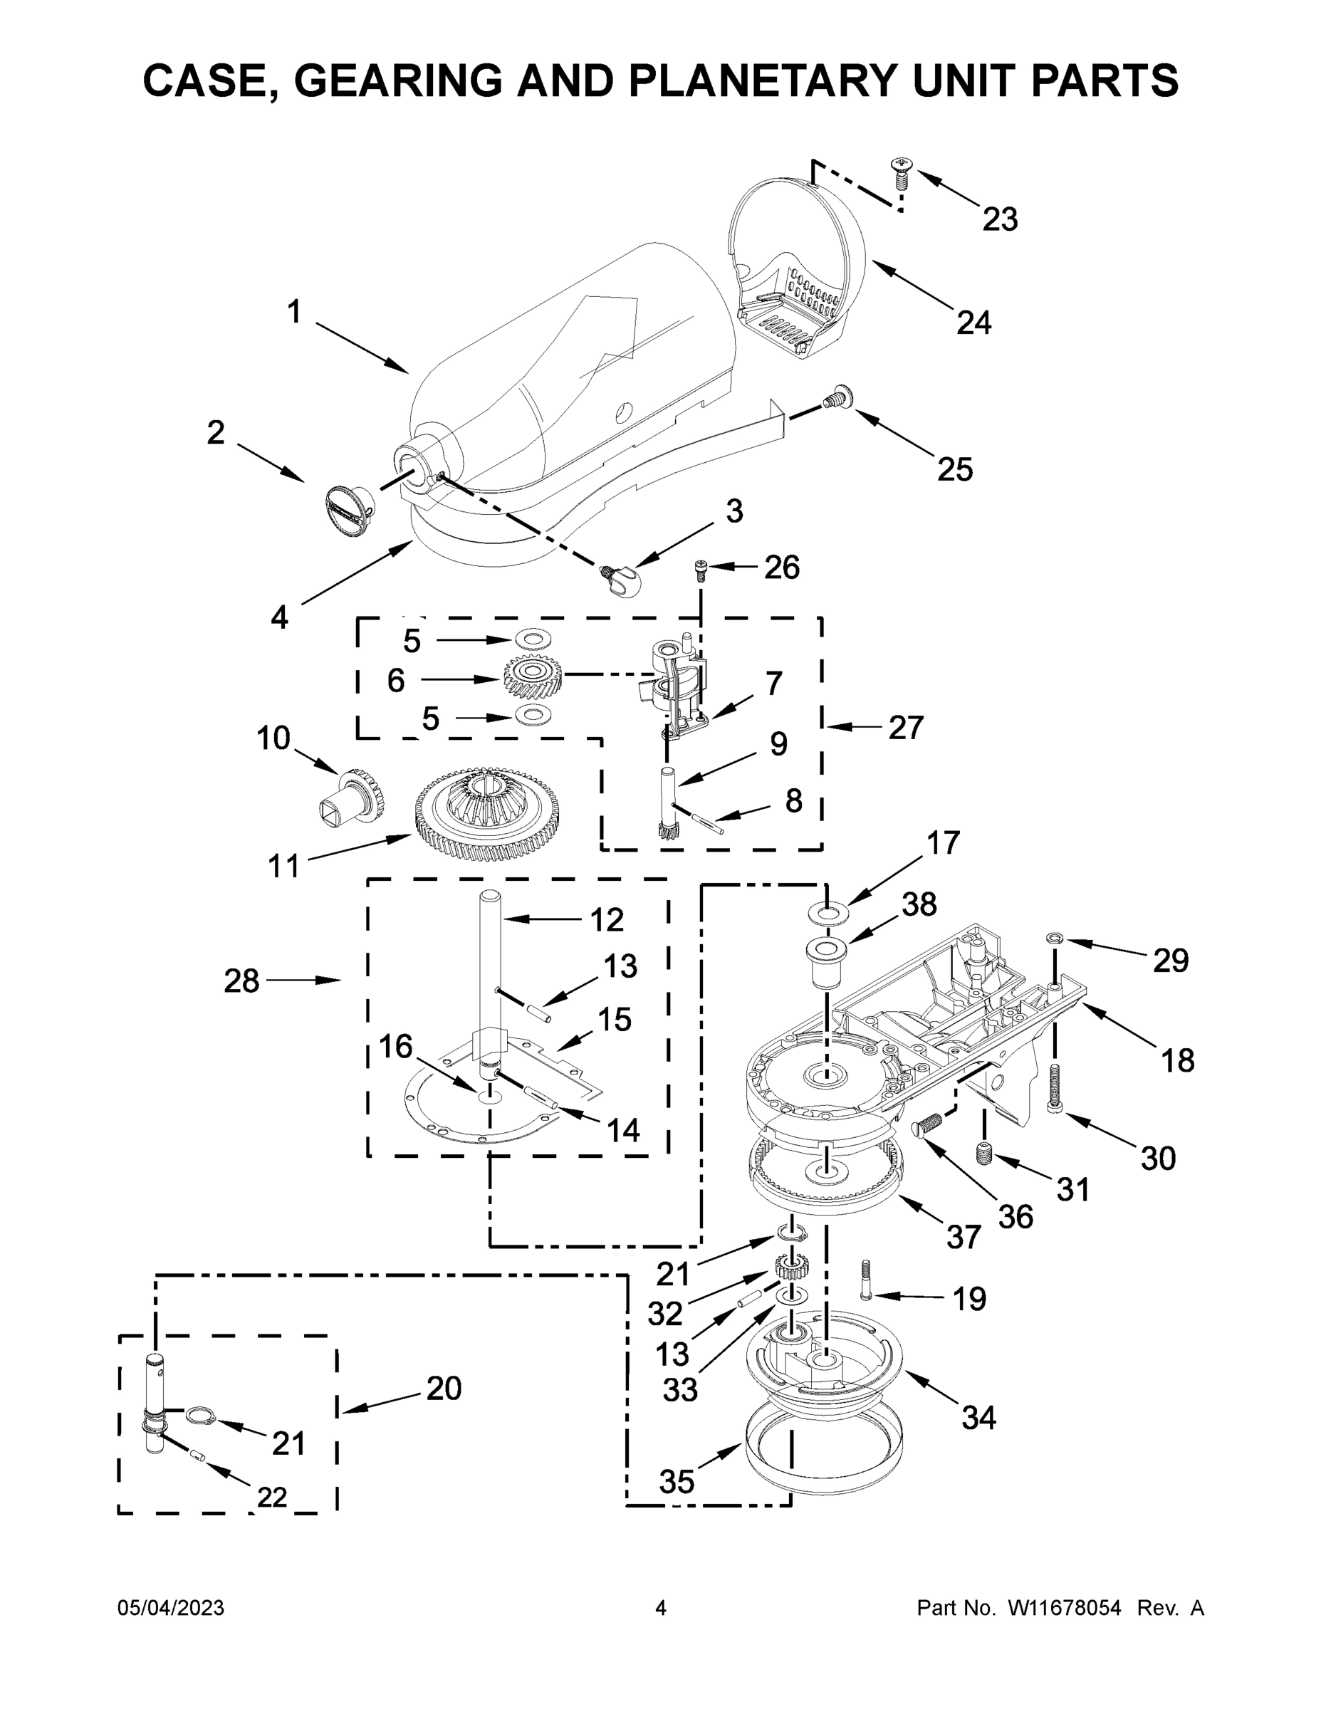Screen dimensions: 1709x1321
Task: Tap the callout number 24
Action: click(x=973, y=323)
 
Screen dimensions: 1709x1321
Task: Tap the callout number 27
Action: click(x=905, y=728)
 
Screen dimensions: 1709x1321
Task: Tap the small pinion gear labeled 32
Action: click(x=791, y=1267)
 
